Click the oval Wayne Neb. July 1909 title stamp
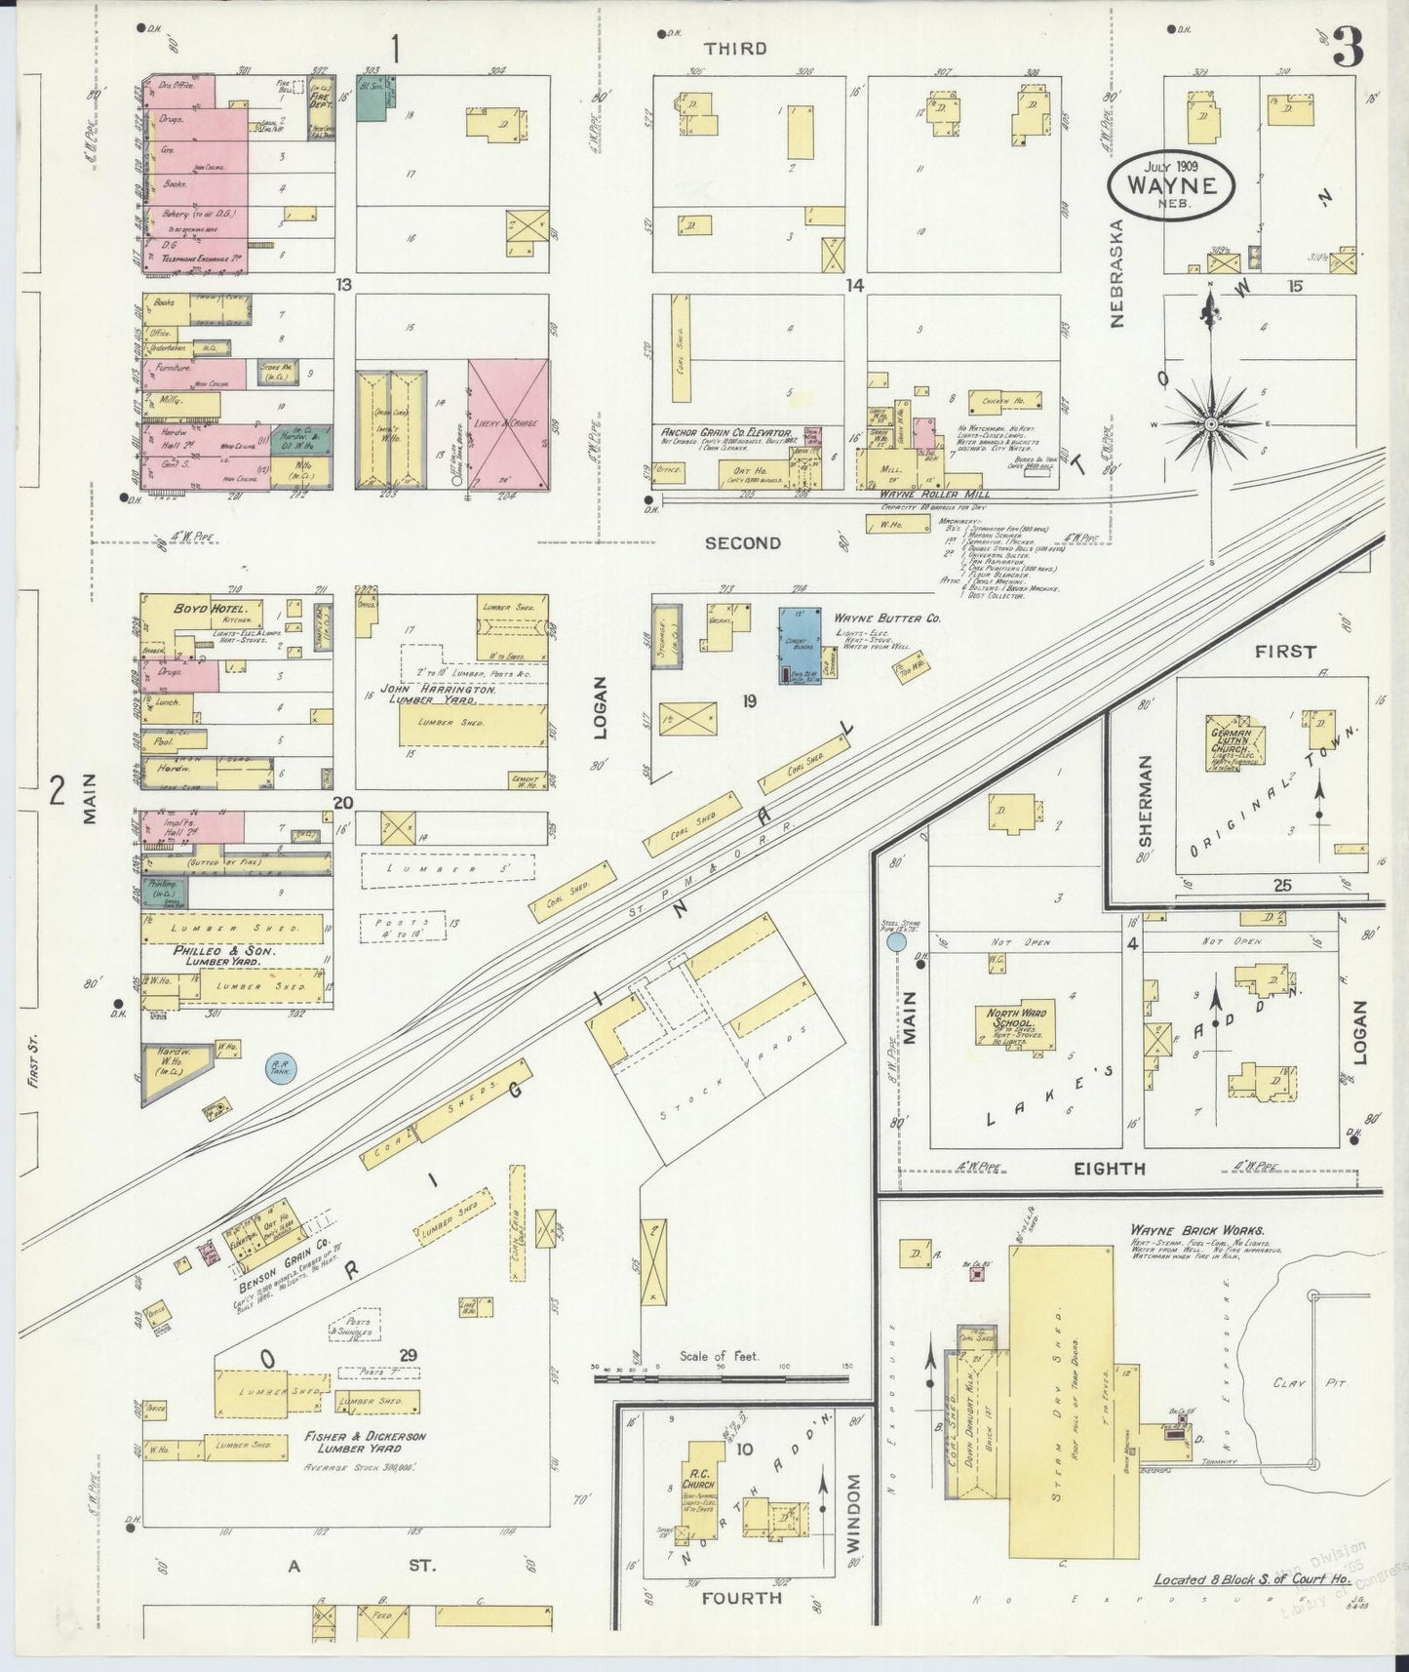click(x=1170, y=182)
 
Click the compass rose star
click(x=1210, y=424)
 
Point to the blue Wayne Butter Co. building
click(x=800, y=644)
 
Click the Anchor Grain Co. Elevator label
click(x=724, y=431)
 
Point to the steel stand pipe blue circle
click(x=895, y=944)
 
